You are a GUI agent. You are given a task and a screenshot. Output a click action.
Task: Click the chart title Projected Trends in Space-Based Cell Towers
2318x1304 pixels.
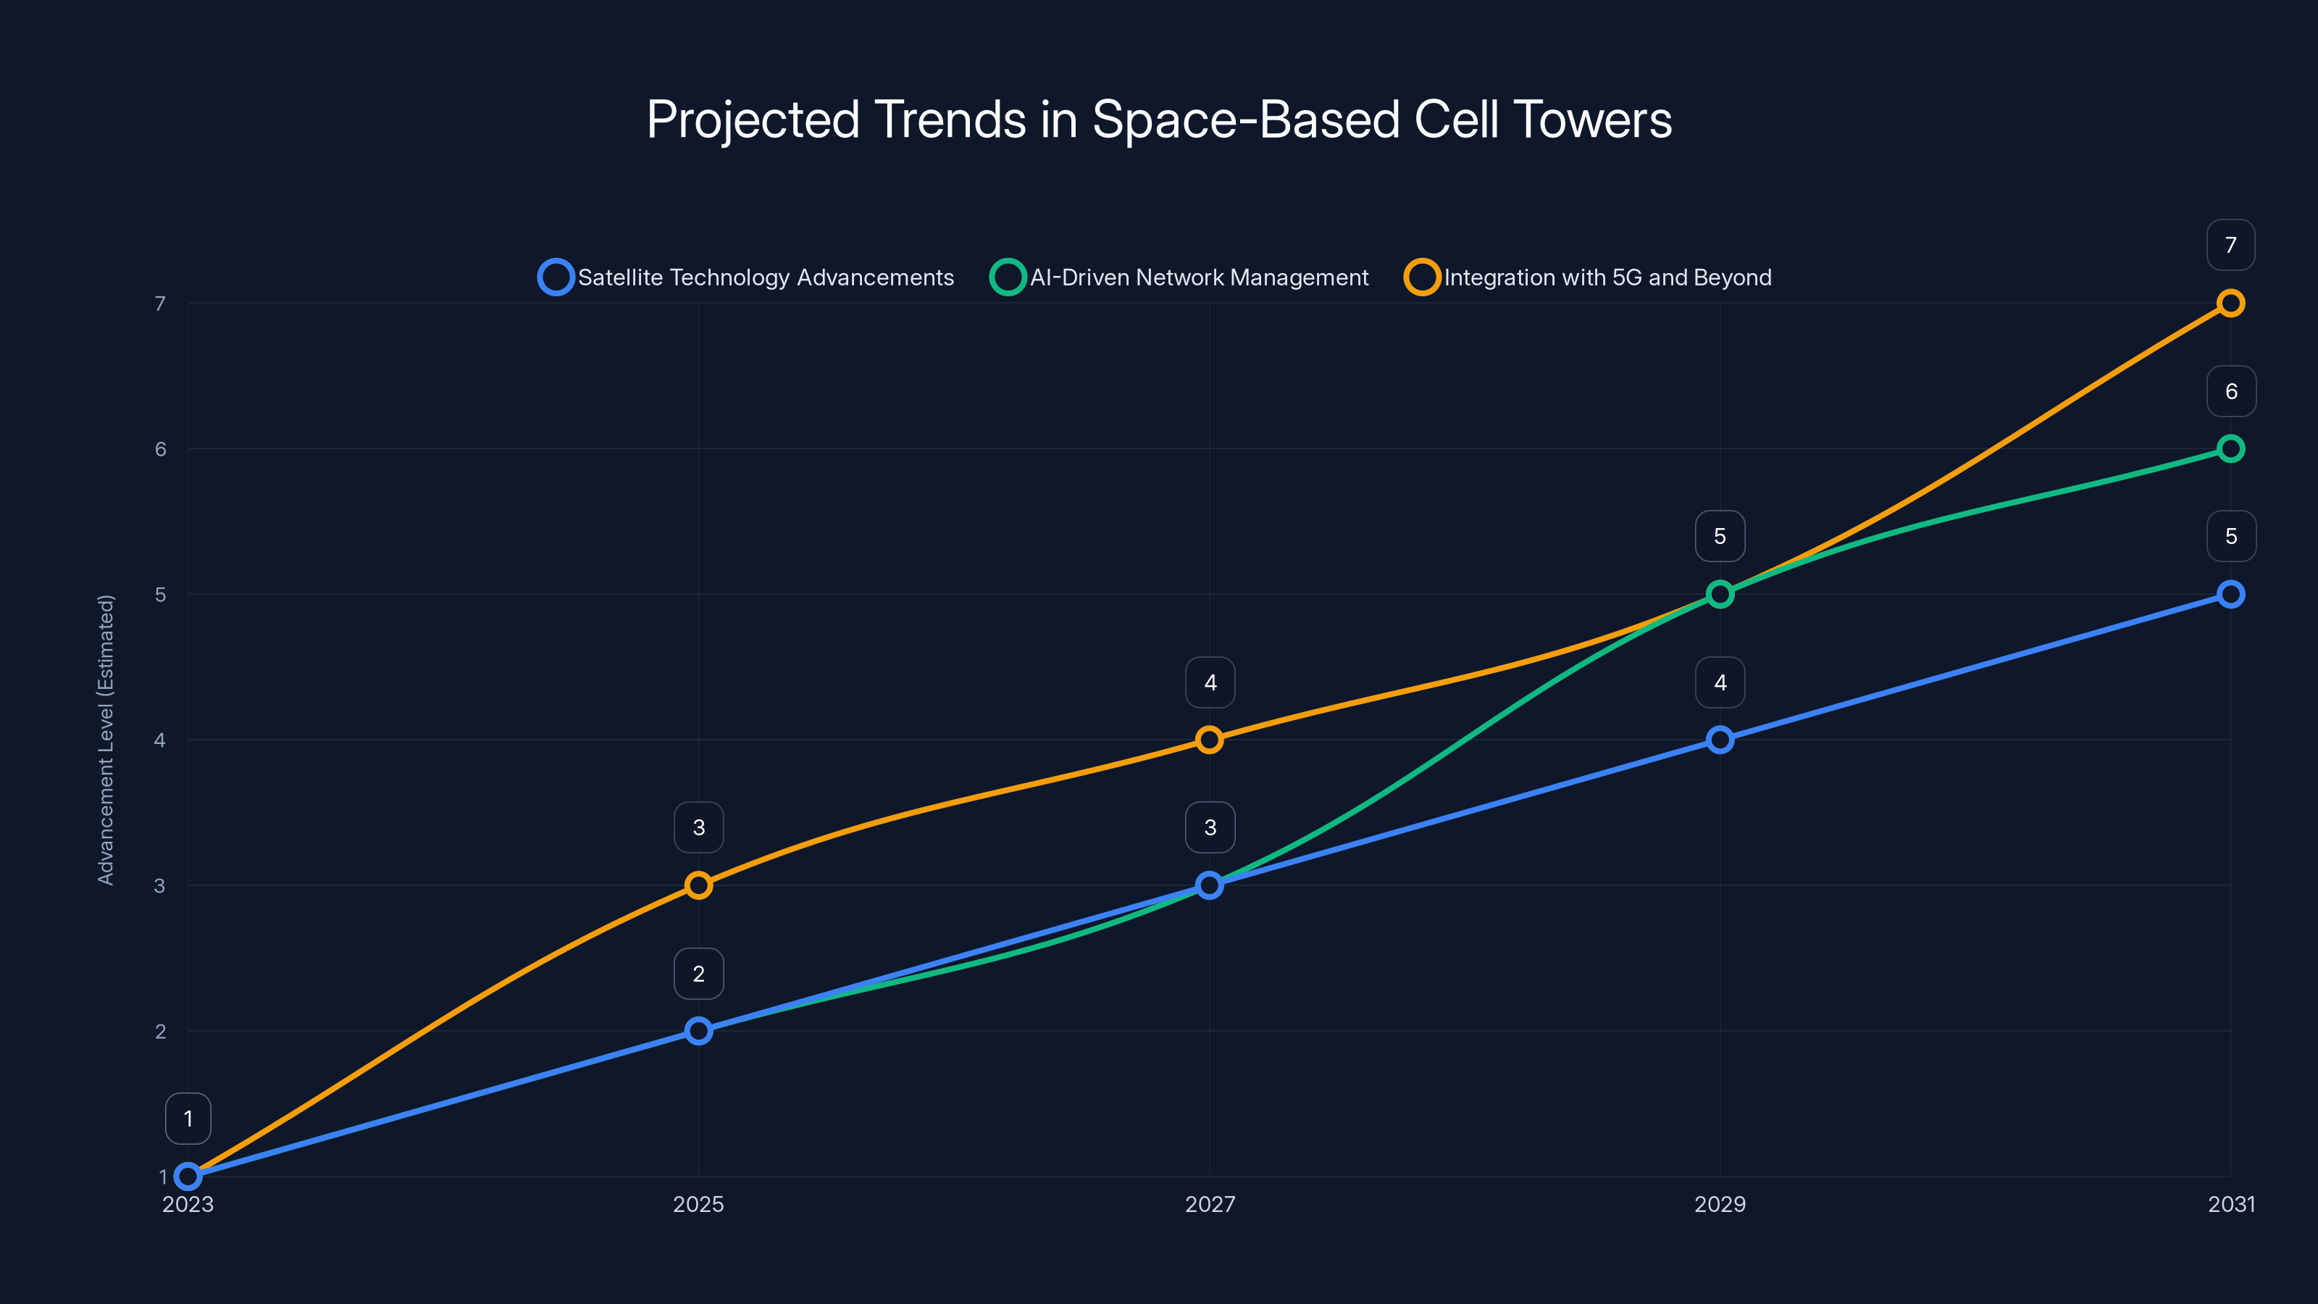pyautogui.click(x=1159, y=120)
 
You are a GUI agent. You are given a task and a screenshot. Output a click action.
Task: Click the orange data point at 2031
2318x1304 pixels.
pyautogui.click(x=2230, y=304)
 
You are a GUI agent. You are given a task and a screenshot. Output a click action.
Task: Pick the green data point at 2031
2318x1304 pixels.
pyautogui.click(x=2230, y=448)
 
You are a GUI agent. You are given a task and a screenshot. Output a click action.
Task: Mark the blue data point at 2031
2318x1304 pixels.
pyautogui.click(x=2230, y=594)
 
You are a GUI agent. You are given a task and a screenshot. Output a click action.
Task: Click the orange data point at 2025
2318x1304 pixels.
pyautogui.click(x=698, y=885)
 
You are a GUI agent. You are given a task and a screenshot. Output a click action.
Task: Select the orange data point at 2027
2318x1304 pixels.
pyautogui.click(x=1210, y=740)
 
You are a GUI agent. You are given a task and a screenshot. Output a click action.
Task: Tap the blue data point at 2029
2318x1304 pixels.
pyautogui.click(x=1720, y=740)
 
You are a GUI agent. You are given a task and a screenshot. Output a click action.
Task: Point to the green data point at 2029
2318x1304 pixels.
pyautogui.click(x=1720, y=594)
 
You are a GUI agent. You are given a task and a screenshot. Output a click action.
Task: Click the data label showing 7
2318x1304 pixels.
pyautogui.click(x=2230, y=245)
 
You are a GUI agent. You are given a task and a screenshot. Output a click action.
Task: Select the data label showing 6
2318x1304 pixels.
pyautogui.click(x=2230, y=391)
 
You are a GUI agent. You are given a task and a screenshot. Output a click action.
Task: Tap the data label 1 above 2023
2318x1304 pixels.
pyautogui.click(x=188, y=1119)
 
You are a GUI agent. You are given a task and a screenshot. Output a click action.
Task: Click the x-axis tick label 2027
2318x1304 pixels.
pyautogui.click(x=1210, y=1204)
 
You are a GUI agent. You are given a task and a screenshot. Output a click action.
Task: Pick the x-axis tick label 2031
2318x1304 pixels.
pyautogui.click(x=2230, y=1204)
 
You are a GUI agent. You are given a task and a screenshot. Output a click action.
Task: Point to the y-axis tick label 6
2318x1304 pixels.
pyautogui.click(x=160, y=449)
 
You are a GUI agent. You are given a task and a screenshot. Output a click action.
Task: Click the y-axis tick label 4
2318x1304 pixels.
pyautogui.click(x=160, y=740)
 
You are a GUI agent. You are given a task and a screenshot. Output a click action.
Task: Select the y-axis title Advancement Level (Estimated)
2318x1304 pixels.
pyautogui.click(x=106, y=740)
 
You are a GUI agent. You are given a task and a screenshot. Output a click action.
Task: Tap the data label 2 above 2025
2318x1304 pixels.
pyautogui.click(x=698, y=974)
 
